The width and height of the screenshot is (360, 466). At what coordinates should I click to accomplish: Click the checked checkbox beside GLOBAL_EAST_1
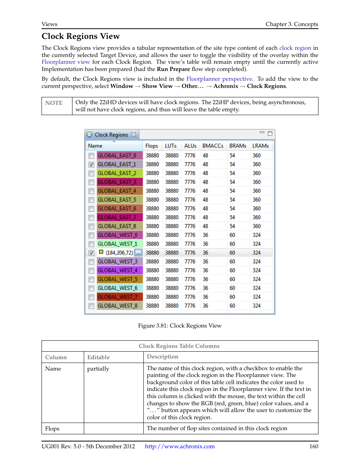tap(91, 165)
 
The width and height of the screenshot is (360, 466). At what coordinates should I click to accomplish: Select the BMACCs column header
tap(212, 146)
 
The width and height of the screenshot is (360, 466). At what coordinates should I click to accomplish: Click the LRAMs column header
tap(260, 146)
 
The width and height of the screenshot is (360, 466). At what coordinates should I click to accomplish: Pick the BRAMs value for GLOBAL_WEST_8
tap(232, 306)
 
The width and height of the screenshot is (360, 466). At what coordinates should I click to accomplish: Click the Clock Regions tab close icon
tap(134, 134)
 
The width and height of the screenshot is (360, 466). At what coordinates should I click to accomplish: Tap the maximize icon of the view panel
tap(270, 133)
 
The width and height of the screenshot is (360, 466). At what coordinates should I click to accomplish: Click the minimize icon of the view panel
tap(262, 132)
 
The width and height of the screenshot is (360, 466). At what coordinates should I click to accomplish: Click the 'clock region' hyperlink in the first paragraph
tap(295, 48)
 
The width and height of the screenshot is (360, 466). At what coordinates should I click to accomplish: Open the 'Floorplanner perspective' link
tap(219, 79)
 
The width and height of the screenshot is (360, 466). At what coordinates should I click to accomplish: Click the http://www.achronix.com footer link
tap(180, 446)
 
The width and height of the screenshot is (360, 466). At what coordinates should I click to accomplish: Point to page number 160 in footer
tap(314, 446)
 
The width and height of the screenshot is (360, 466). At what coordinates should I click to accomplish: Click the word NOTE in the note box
tap(54, 103)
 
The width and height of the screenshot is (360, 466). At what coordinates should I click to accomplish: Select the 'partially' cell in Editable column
tap(98, 369)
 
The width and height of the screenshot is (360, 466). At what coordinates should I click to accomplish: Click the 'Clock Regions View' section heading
tap(81, 36)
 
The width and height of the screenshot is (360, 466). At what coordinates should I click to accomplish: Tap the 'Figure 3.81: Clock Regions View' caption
tap(180, 326)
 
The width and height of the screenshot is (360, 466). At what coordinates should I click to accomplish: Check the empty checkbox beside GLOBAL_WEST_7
tap(91, 297)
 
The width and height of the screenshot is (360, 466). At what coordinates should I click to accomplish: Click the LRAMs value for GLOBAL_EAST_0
tap(257, 155)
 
